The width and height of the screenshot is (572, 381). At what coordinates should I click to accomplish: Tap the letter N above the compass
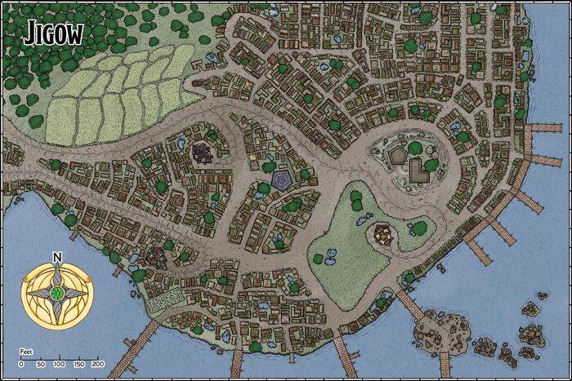56,258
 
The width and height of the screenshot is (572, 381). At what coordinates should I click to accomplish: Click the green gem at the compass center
57,292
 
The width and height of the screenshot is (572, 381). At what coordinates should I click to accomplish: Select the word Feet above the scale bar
26,351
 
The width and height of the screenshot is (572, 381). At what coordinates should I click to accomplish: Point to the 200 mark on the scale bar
97,364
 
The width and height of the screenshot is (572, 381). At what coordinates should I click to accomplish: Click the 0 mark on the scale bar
21,364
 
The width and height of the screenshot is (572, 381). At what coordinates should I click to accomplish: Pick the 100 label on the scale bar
60,364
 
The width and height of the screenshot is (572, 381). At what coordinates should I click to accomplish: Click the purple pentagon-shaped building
282,179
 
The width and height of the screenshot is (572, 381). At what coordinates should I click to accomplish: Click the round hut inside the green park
383,235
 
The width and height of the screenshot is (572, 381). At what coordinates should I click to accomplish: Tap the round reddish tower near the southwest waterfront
154,258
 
